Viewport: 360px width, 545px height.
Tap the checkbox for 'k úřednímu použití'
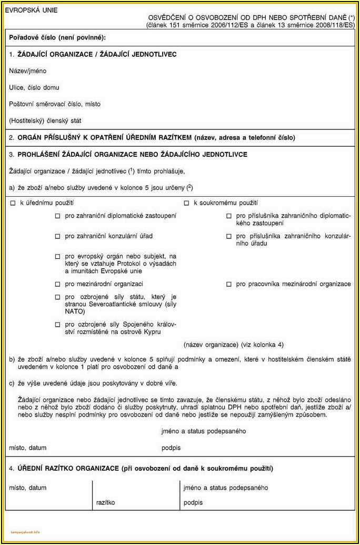tap(13, 203)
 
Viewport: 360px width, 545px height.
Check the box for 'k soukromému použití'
tap(186, 203)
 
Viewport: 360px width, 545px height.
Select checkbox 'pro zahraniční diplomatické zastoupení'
tap(58, 216)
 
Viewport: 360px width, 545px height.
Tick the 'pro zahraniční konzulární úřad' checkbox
tap(58, 237)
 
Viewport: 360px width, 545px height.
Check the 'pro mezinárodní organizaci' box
tap(58, 284)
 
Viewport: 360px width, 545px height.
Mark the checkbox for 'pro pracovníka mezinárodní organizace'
tap(229, 284)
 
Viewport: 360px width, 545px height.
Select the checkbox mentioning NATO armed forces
tap(58, 297)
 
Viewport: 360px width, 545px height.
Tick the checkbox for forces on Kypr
tap(58, 325)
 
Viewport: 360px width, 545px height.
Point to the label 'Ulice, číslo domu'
tap(34, 87)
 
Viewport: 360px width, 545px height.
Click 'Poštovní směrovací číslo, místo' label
tap(55, 104)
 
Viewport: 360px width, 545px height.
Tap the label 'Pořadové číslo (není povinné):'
tap(57, 37)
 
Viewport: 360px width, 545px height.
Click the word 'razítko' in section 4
tap(105, 502)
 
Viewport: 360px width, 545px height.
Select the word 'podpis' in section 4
tap(193, 502)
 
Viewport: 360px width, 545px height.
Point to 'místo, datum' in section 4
tap(27, 488)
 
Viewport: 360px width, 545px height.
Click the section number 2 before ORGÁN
tap(12, 138)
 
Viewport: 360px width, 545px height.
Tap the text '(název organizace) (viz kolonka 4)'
tap(234, 345)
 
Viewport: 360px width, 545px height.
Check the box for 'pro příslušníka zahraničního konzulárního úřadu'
tap(229, 237)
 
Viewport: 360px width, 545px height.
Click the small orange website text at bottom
tap(25, 532)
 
